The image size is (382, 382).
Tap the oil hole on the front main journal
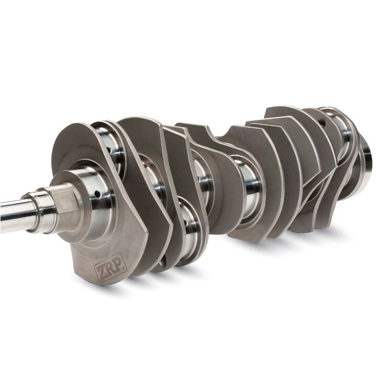[97, 194]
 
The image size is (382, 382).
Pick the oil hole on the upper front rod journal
[109, 150]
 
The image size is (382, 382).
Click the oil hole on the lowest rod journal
[186, 223]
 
